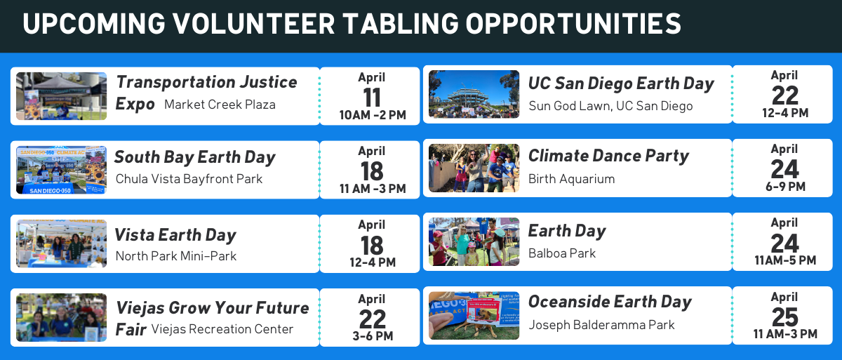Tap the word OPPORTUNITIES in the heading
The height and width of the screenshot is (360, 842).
pyautogui.click(x=573, y=24)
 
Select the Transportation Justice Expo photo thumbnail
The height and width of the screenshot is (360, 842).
pyautogui.click(x=61, y=96)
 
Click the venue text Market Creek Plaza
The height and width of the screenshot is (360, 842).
pyautogui.click(x=220, y=105)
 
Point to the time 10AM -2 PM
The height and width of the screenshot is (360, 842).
pyautogui.click(x=373, y=115)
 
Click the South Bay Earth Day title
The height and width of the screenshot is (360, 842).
pyautogui.click(x=195, y=157)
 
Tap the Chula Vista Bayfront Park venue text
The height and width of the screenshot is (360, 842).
pyautogui.click(x=189, y=179)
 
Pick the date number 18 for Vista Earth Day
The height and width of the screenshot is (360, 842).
pyautogui.click(x=372, y=246)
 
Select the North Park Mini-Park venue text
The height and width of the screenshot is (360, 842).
pyautogui.click(x=176, y=256)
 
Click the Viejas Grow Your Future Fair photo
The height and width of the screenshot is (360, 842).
pyautogui.click(x=61, y=317)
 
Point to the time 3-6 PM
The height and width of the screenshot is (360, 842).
pyautogui.click(x=373, y=336)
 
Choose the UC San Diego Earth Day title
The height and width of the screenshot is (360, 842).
pyautogui.click(x=621, y=84)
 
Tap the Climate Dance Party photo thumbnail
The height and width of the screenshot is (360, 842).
pyautogui.click(x=474, y=168)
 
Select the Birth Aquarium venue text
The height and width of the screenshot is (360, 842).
pyautogui.click(x=571, y=179)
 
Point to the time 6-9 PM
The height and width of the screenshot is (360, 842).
pyautogui.click(x=785, y=187)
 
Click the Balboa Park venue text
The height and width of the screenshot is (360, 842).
pyautogui.click(x=562, y=253)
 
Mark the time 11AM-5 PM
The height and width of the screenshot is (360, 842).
pyautogui.click(x=785, y=260)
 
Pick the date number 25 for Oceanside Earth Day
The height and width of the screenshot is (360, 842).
pyautogui.click(x=785, y=317)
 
